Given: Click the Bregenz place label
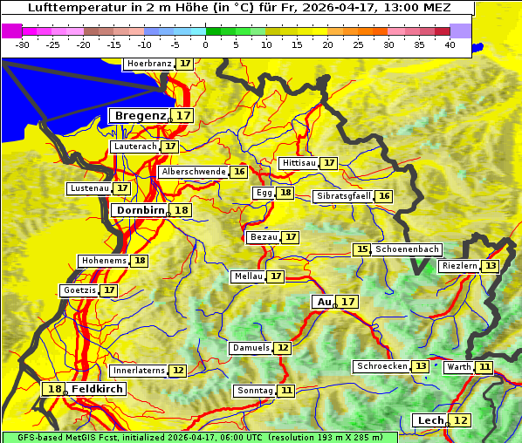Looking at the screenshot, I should tap(139, 116).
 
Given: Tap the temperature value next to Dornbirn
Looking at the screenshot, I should tap(181, 210).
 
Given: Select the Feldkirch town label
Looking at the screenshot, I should tap(98, 389).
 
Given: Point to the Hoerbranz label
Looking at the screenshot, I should tap(148, 64).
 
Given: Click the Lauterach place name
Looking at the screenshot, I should tap(134, 147).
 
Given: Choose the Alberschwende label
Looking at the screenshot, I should tap(194, 172).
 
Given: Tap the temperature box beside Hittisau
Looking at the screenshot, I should tap(329, 163).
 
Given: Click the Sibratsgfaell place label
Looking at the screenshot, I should tap(343, 196).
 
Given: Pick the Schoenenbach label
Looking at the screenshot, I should tap(408, 249).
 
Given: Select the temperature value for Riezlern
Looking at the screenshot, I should tap(491, 266).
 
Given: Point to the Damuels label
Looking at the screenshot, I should tap(251, 348).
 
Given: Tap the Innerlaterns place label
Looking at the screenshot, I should tap(139, 371).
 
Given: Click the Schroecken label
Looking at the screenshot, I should tap(381, 366).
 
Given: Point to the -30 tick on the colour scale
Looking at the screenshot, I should tap(23, 44).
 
